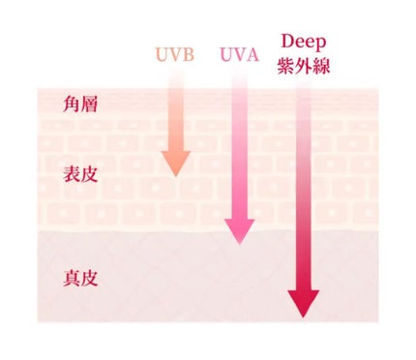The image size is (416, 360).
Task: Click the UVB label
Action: tap(174, 54)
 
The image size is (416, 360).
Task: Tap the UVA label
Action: tap(239, 54)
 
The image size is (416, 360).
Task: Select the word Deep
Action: tap(303, 42)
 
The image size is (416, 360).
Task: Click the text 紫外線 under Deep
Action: tap(304, 67)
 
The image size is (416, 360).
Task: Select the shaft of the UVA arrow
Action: tap(239, 145)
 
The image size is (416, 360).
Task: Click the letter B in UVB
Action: tap(189, 54)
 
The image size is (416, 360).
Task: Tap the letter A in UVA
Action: tap(253, 54)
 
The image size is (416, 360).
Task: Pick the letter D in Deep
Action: tap(286, 42)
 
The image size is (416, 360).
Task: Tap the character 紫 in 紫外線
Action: tap(286, 67)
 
